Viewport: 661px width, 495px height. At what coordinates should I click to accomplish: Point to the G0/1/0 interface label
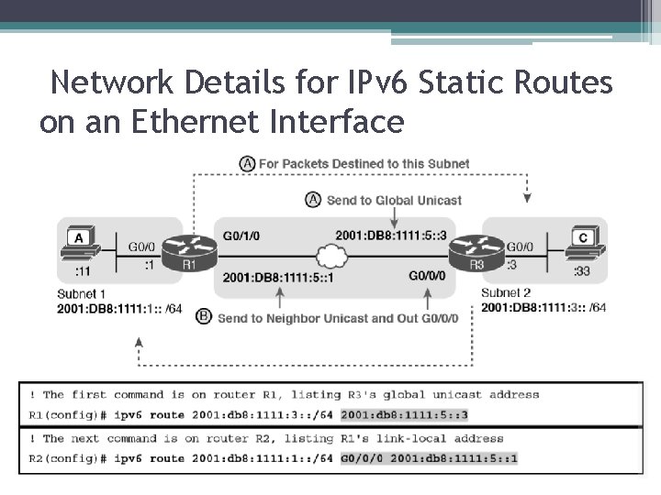tap(241, 236)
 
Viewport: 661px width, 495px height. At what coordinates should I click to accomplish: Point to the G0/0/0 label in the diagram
tap(427, 275)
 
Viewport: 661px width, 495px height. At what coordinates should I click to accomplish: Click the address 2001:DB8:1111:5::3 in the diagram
tap(390, 236)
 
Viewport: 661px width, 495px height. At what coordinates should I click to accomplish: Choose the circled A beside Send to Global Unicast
tap(313, 199)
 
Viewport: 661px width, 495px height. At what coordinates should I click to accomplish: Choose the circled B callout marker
tap(204, 316)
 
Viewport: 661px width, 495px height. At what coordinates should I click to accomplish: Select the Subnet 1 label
tap(81, 293)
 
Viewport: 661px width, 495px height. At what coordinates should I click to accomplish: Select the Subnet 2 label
tap(505, 293)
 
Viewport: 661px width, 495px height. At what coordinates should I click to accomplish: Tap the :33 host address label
tap(581, 270)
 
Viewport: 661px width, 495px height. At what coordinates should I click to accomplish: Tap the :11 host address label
tap(82, 270)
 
